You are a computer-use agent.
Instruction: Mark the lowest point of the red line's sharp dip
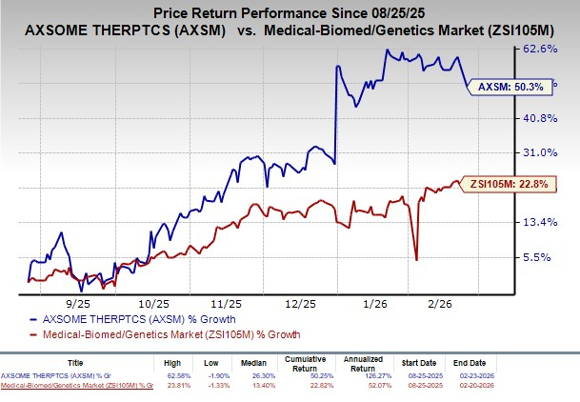[x=416, y=259]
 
